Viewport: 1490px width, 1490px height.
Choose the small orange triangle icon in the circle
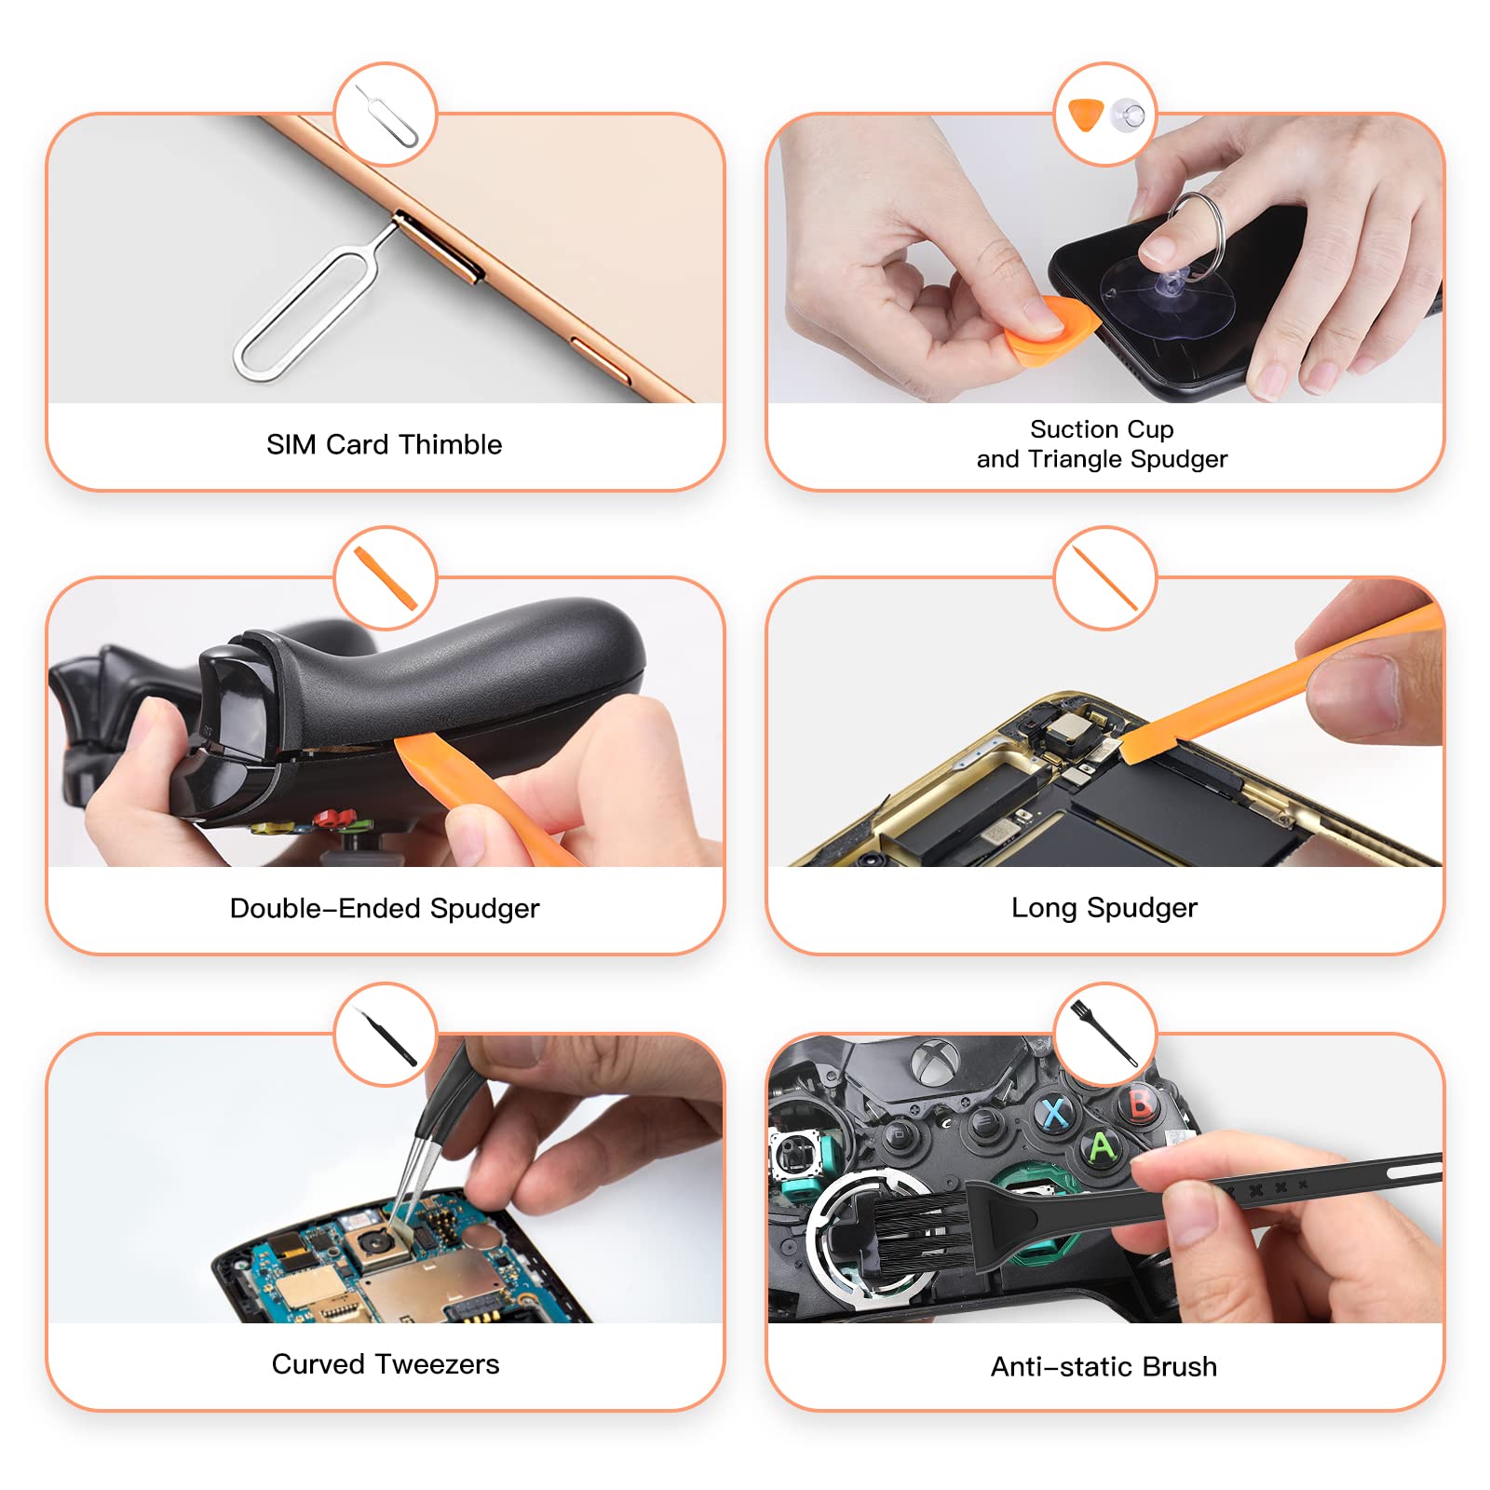click(1085, 114)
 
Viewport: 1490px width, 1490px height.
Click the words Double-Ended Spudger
click(385, 908)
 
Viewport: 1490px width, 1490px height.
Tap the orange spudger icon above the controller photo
click(385, 578)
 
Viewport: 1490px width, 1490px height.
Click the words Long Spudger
click(1104, 907)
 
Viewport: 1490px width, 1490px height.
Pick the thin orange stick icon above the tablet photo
click(1104, 578)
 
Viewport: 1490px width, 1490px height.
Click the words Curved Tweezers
click(385, 1364)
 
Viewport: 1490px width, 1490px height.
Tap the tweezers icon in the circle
click(386, 1036)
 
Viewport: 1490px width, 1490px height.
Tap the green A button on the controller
click(1103, 1146)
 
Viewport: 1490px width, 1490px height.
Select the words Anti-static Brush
click(1104, 1366)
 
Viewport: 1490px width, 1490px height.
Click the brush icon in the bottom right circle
click(1104, 1034)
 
